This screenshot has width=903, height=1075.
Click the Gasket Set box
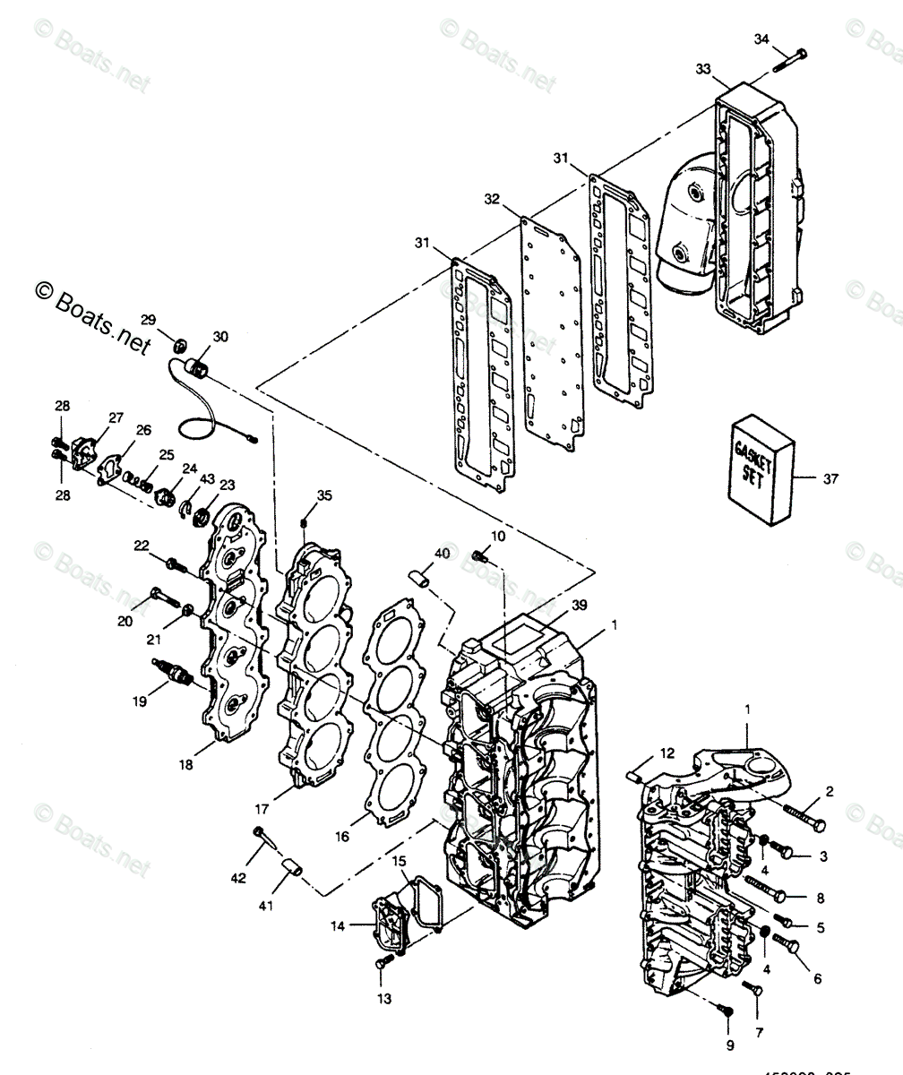pos(762,469)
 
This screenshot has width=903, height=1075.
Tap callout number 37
pos(830,478)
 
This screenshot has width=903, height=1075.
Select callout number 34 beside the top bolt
pos(761,39)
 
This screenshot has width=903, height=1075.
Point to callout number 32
pos(491,198)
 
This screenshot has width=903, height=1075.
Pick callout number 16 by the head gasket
pos(342,837)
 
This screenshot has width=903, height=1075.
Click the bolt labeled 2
pos(804,817)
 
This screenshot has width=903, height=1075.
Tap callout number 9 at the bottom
pos(729,1045)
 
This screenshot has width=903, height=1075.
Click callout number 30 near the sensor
pos(220,337)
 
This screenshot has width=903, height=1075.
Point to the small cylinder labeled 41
pos(292,866)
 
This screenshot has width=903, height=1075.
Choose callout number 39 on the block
pos(580,606)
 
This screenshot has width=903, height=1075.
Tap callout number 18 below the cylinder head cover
pos(185,764)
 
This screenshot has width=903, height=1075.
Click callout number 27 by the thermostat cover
pos(116,417)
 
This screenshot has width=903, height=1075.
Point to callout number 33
pos(703,69)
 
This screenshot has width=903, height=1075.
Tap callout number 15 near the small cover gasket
pos(399,861)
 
